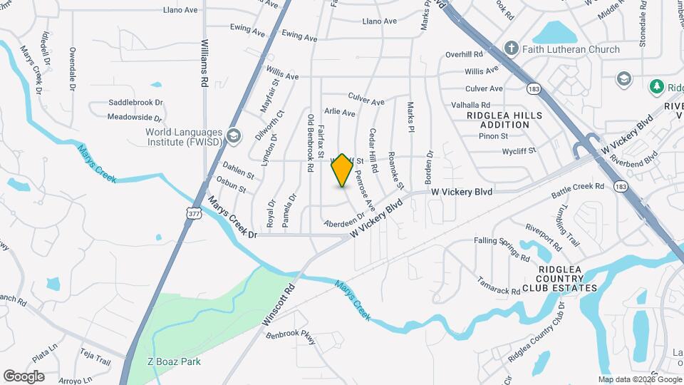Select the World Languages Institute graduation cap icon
coord(233,135)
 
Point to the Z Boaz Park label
coord(174,361)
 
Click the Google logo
coord(23,376)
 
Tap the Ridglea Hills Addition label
coord(504,120)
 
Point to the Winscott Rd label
coord(278,307)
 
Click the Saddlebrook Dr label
coord(135,103)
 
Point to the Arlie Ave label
coord(339,113)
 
